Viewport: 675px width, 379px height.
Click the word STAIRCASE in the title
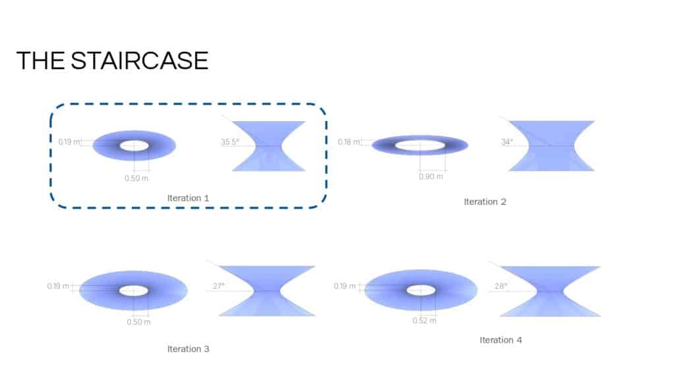[x=140, y=61]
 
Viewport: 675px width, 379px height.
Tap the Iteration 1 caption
[x=188, y=198]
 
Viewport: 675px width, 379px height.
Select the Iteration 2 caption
[x=485, y=202]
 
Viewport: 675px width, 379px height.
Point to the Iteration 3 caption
[x=188, y=349]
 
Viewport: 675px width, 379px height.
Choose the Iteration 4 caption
[x=501, y=340]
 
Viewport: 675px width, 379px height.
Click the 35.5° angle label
[x=230, y=142]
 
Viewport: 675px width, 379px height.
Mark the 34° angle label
[x=507, y=142]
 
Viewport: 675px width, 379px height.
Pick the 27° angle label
[x=219, y=286]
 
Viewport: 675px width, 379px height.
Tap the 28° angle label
[x=501, y=286]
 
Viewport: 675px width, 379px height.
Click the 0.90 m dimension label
[x=431, y=176]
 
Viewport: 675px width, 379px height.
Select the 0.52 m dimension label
[x=425, y=321]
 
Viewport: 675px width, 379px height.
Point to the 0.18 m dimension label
[x=349, y=142]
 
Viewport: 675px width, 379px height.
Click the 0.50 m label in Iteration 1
[x=136, y=178]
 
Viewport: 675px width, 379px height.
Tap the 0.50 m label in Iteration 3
[x=138, y=322]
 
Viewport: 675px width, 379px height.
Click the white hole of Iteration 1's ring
[x=134, y=145]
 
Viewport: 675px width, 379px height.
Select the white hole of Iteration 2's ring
[x=420, y=145]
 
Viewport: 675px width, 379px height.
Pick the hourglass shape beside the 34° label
[x=552, y=146]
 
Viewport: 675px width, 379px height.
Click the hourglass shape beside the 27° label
[x=267, y=291]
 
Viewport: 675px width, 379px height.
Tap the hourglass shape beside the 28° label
[x=550, y=291]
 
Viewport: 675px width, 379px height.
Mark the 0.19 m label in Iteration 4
[x=345, y=286]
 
